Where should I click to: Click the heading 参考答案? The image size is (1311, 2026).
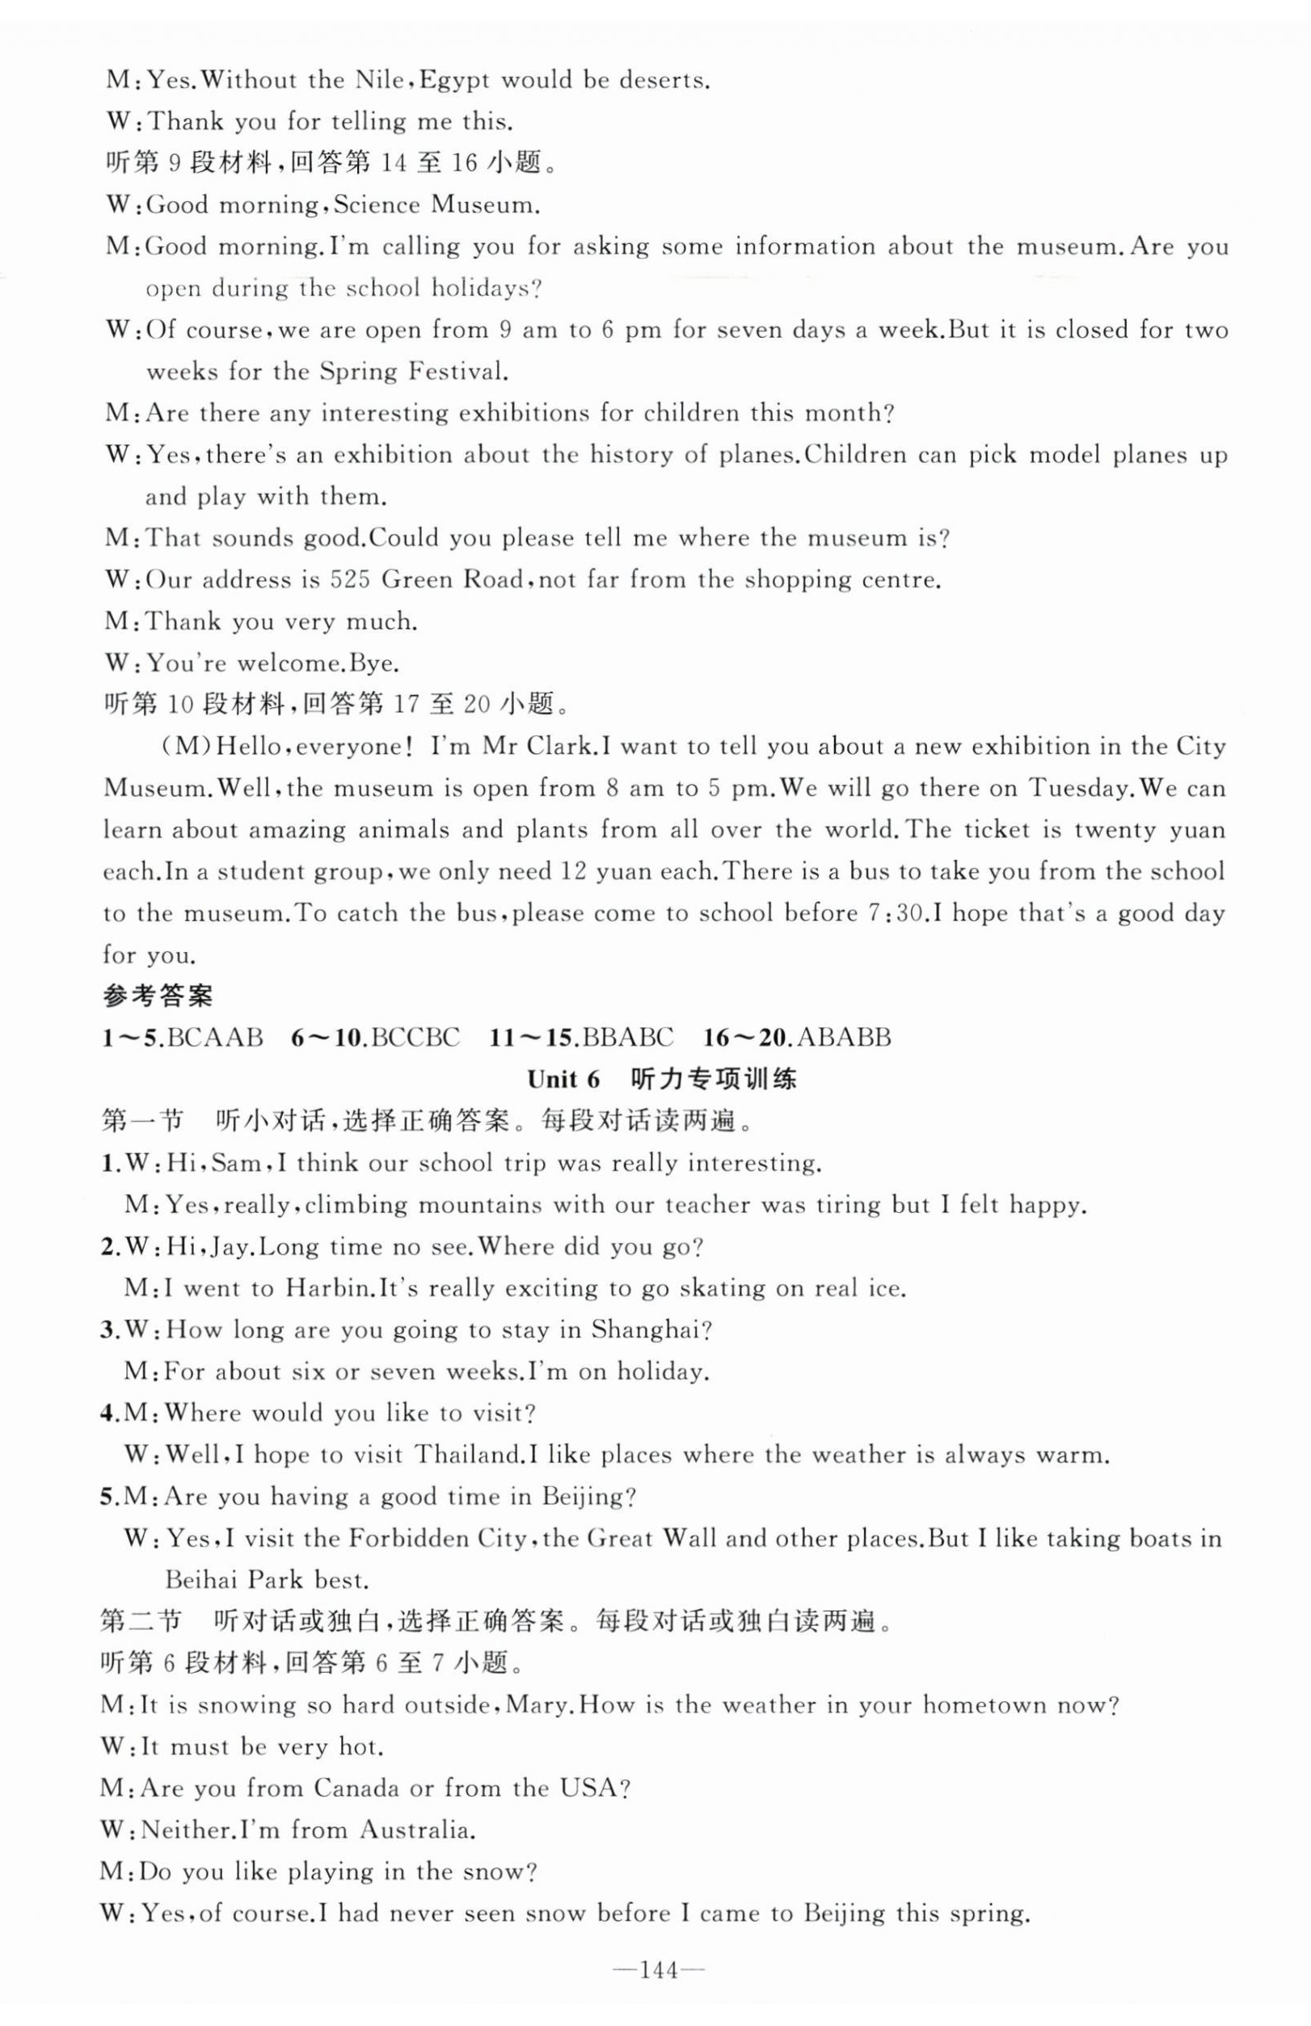[x=158, y=996]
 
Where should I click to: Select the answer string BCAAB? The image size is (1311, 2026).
[x=215, y=1038]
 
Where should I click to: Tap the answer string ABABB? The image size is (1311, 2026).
[x=845, y=1038]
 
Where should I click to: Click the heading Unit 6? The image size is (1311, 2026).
[x=563, y=1080]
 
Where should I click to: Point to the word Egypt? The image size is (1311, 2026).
[x=455, y=81]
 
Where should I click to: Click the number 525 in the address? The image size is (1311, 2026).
[x=349, y=580]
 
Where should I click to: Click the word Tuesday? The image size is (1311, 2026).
[x=1080, y=788]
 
